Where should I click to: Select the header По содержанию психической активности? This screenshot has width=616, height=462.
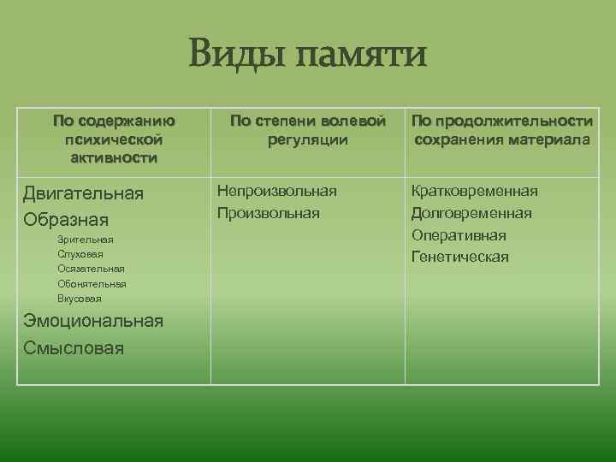[114, 139]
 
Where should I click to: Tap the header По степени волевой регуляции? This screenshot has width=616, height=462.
[307, 130]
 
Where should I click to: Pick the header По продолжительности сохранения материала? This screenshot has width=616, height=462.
[502, 130]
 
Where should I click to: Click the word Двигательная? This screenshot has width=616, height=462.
[83, 193]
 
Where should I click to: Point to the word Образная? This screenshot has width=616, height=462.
[66, 218]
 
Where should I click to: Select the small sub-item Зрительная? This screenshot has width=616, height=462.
[86, 240]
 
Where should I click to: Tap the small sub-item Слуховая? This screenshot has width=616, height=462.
[80, 254]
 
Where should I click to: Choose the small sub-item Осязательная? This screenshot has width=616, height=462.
[92, 269]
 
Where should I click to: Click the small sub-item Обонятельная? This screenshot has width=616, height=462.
[92, 283]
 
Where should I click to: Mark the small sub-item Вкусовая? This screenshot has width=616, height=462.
[80, 299]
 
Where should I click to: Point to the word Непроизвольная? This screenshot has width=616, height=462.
[277, 190]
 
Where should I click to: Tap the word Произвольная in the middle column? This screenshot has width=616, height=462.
[269, 212]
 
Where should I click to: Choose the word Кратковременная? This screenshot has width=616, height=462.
[475, 190]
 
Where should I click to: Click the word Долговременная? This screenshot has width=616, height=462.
[471, 212]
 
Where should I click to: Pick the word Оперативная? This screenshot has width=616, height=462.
[459, 234]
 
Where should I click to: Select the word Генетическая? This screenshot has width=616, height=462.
[460, 257]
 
